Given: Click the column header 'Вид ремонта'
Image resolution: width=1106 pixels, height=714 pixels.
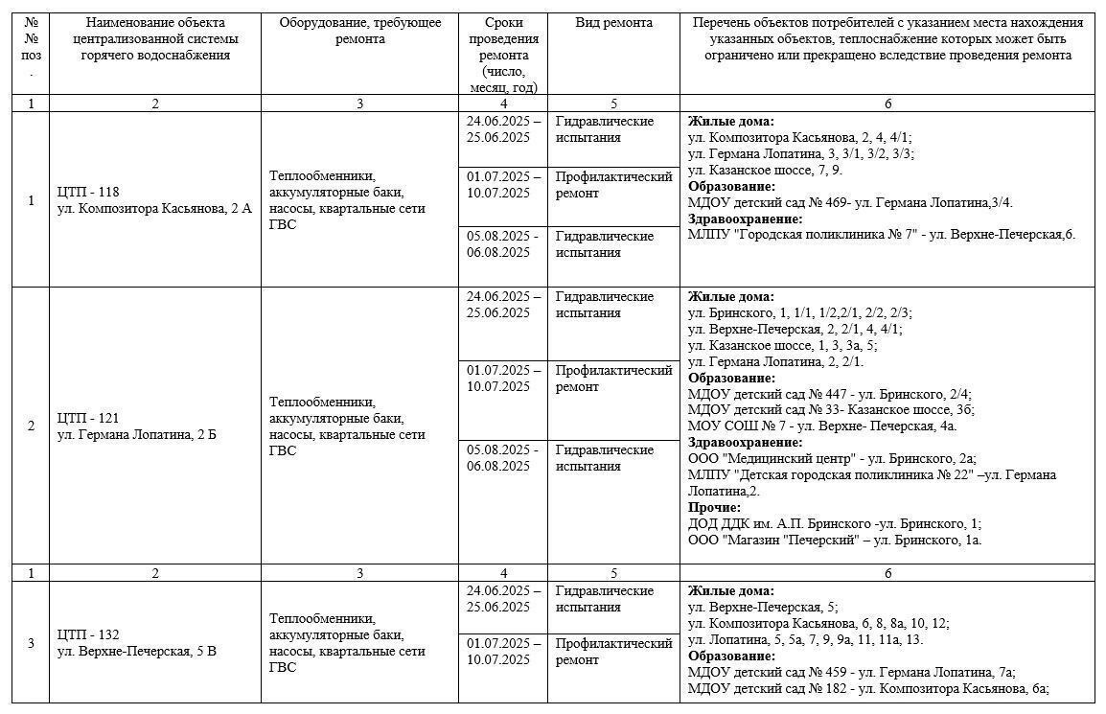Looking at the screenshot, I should point(614,23).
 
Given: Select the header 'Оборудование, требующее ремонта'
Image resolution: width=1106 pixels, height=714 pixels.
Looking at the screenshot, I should point(360,31).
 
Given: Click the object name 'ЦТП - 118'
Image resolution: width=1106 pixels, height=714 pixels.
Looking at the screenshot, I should point(88,192).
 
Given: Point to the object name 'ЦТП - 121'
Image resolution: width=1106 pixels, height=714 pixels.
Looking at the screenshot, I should point(88,418).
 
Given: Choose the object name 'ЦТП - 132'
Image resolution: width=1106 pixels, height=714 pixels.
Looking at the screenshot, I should point(88,634).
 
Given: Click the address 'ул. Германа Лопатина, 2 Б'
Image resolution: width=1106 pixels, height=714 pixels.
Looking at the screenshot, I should point(137,434).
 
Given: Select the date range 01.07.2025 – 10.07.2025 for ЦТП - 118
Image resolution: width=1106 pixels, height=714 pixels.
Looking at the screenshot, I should point(503,185).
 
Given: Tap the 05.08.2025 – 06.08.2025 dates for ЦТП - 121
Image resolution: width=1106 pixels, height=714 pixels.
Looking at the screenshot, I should point(503,458).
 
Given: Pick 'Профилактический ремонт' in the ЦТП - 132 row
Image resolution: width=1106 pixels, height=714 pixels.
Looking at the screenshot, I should point(614,652).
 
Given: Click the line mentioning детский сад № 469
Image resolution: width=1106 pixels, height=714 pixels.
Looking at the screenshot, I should point(850,202).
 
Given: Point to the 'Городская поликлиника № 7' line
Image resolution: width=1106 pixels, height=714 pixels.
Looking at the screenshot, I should point(882,235).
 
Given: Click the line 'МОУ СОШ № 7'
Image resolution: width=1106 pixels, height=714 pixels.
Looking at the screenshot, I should point(822,426).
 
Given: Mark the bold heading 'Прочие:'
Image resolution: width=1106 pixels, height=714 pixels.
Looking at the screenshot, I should point(714,507).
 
